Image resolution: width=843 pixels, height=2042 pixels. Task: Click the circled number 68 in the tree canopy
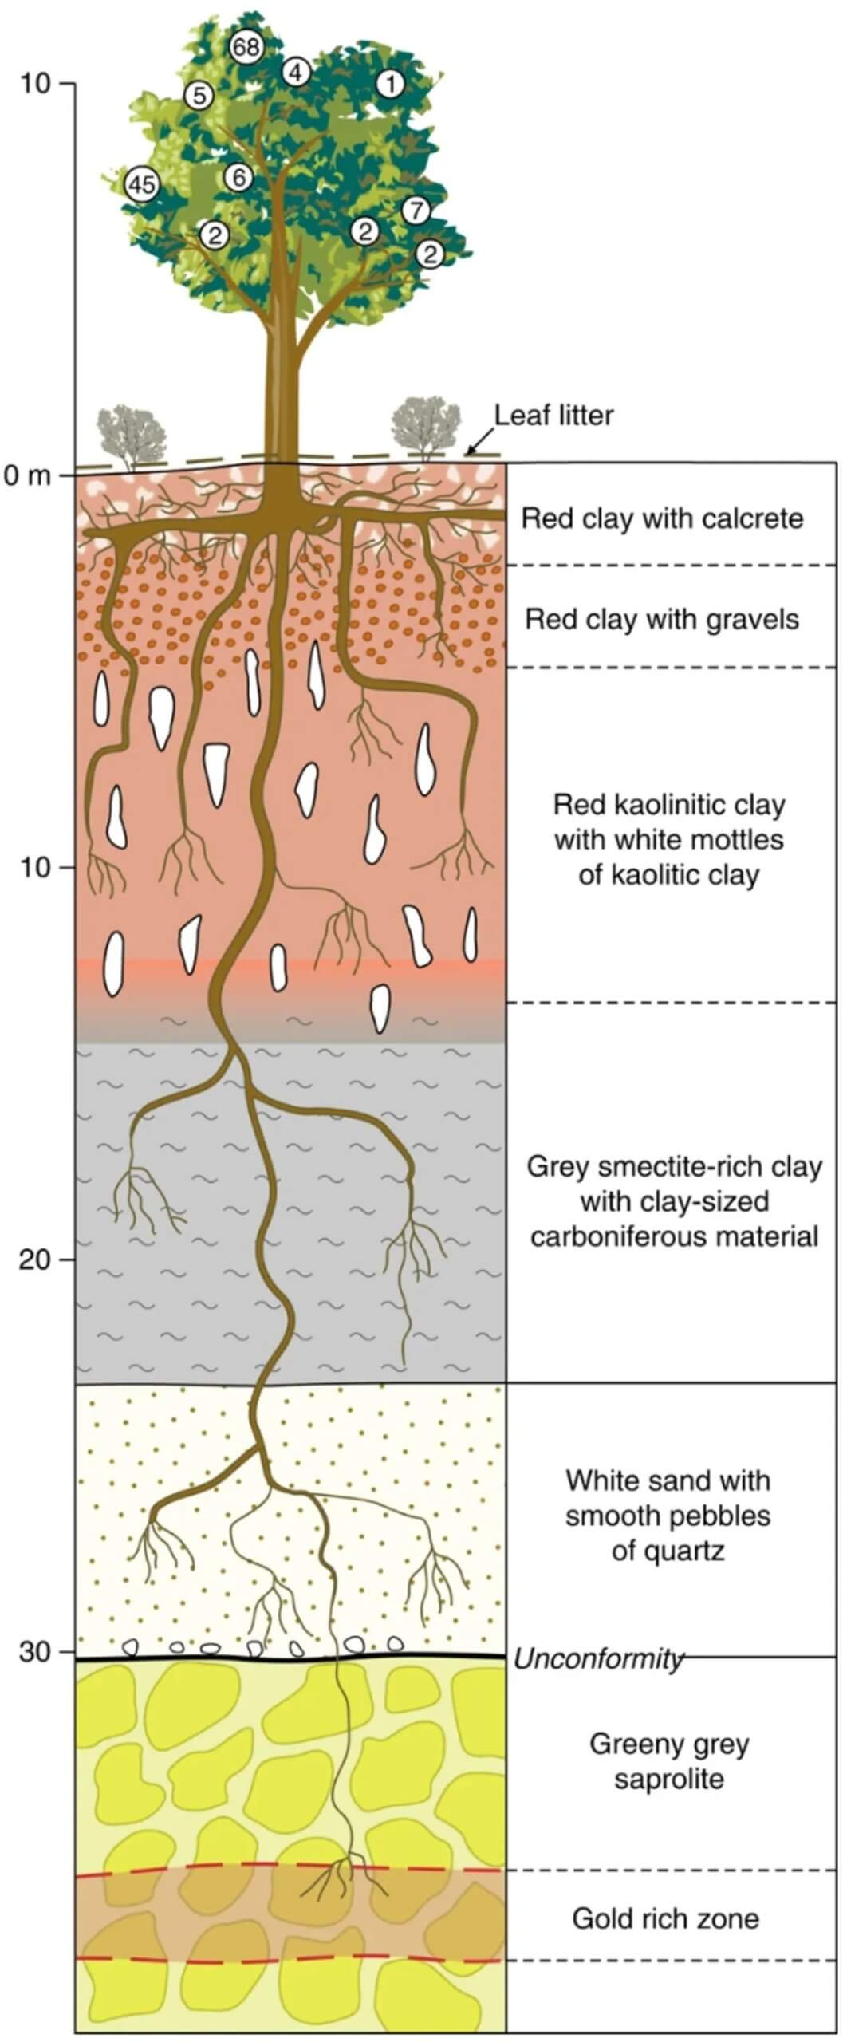pos(246,47)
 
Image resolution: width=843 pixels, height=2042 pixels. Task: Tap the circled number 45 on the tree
pos(142,185)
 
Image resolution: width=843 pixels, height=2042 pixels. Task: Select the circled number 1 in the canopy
pos(390,83)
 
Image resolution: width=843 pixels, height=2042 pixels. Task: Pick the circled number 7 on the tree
pos(415,211)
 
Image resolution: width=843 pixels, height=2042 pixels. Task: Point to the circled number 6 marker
pos(238,177)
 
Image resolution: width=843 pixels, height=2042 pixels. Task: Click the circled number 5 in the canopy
pos(199,96)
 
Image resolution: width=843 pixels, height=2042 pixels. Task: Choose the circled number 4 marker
pos(295,72)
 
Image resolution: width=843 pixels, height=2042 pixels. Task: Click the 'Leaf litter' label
pos(553,416)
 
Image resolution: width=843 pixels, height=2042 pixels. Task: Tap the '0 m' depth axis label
pos(27,476)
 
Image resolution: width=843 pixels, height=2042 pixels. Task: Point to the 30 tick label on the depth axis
pos(35,1651)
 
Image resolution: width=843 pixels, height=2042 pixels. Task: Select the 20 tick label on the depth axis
pos(35,1259)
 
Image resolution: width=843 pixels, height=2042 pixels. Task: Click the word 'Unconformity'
pos(598,1658)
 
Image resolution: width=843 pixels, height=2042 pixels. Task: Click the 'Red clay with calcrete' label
pos(662,518)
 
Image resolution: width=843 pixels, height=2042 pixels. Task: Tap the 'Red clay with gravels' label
pos(661,619)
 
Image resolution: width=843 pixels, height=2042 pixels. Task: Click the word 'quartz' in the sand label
pos(668,1551)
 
